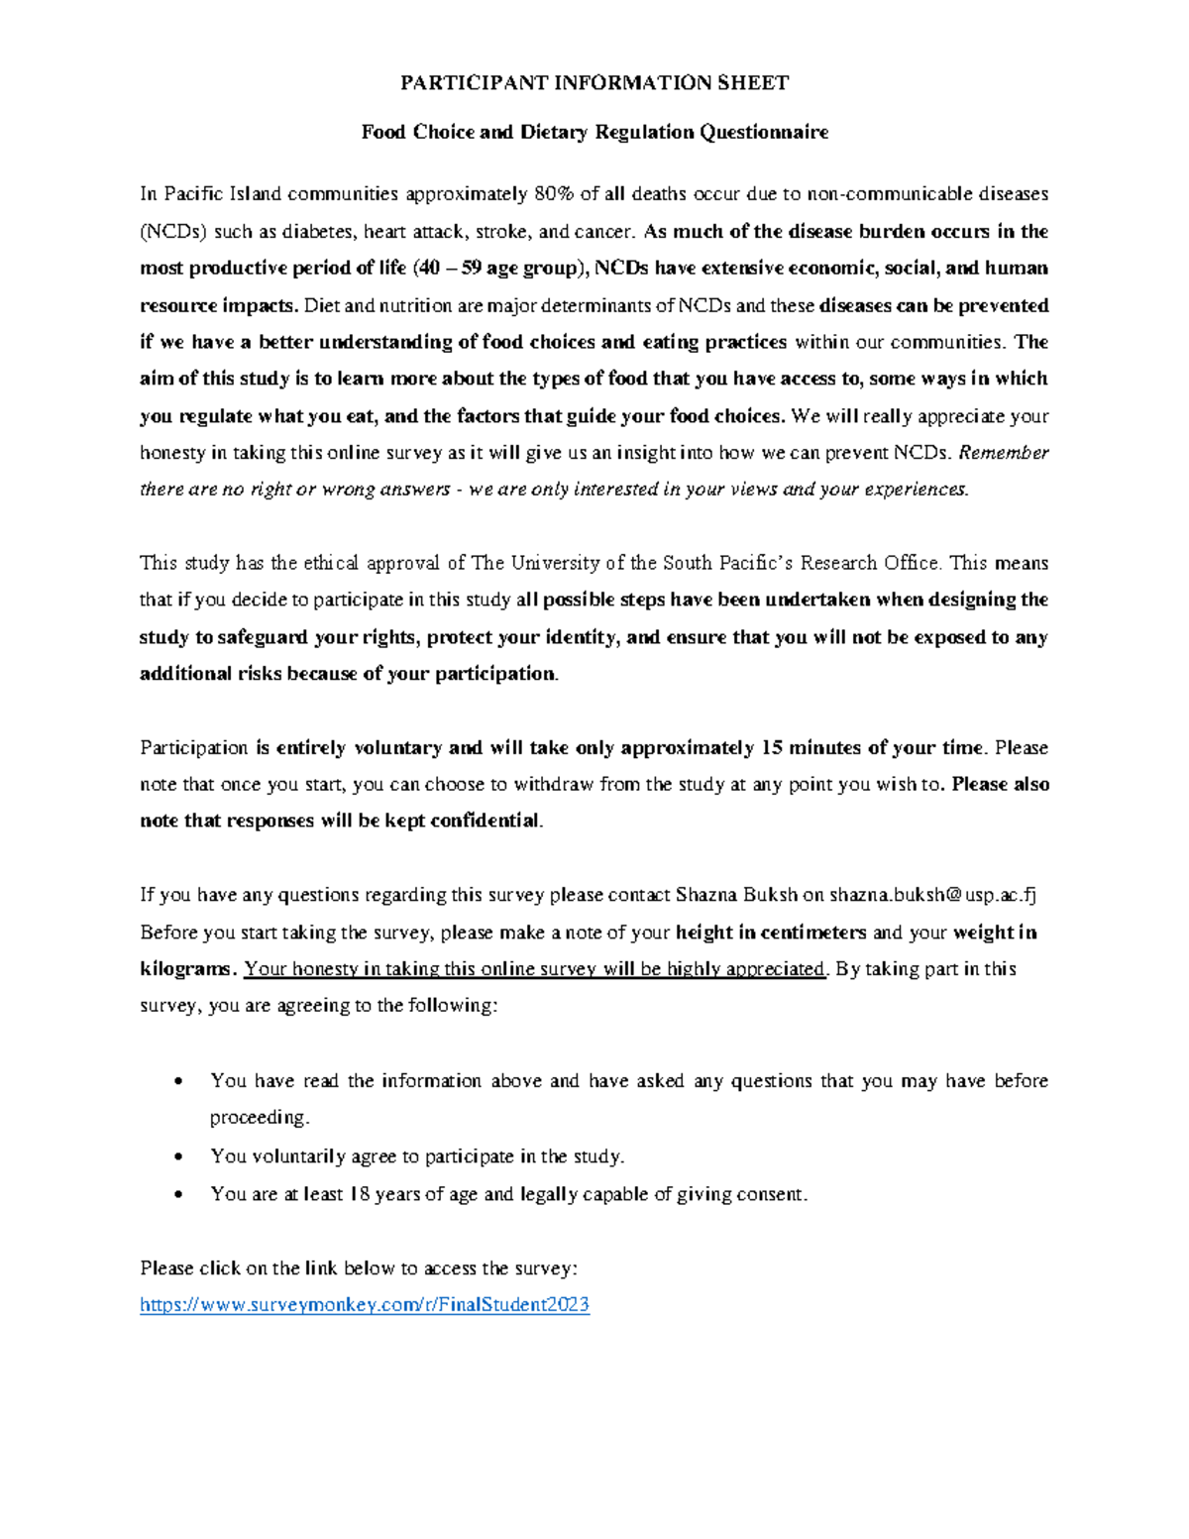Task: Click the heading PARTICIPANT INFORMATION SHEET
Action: (x=594, y=83)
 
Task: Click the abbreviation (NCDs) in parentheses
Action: (x=172, y=232)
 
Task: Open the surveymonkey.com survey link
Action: (x=365, y=1305)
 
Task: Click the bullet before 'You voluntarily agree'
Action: (x=178, y=1157)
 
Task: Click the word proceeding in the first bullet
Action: (x=259, y=1118)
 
